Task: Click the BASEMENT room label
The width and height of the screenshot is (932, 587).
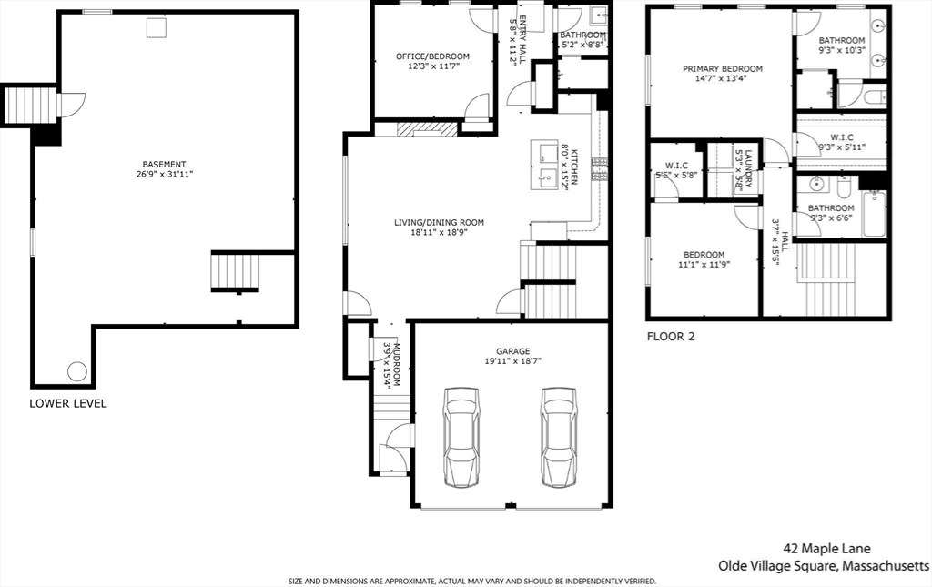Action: [164, 165]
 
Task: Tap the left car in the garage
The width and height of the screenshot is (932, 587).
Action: [461, 439]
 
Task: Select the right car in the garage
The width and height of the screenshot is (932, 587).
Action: [559, 439]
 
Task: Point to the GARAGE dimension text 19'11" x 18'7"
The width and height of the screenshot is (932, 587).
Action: [513, 361]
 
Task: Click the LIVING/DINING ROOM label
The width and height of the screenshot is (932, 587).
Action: [440, 223]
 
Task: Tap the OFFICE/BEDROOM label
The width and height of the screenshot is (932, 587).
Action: [432, 56]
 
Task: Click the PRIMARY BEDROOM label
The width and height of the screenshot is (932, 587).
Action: [722, 69]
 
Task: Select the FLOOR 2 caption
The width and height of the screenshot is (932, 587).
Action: [671, 337]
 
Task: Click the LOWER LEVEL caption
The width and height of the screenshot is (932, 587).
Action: [68, 403]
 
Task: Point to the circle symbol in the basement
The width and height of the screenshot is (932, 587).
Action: [77, 372]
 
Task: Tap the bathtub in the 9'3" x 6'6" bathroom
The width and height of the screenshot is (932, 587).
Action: [875, 214]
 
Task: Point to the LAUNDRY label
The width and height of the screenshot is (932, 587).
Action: [748, 168]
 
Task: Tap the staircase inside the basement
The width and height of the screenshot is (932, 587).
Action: [236, 271]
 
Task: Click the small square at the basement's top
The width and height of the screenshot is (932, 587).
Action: [157, 27]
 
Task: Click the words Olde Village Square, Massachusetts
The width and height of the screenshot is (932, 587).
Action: [824, 565]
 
